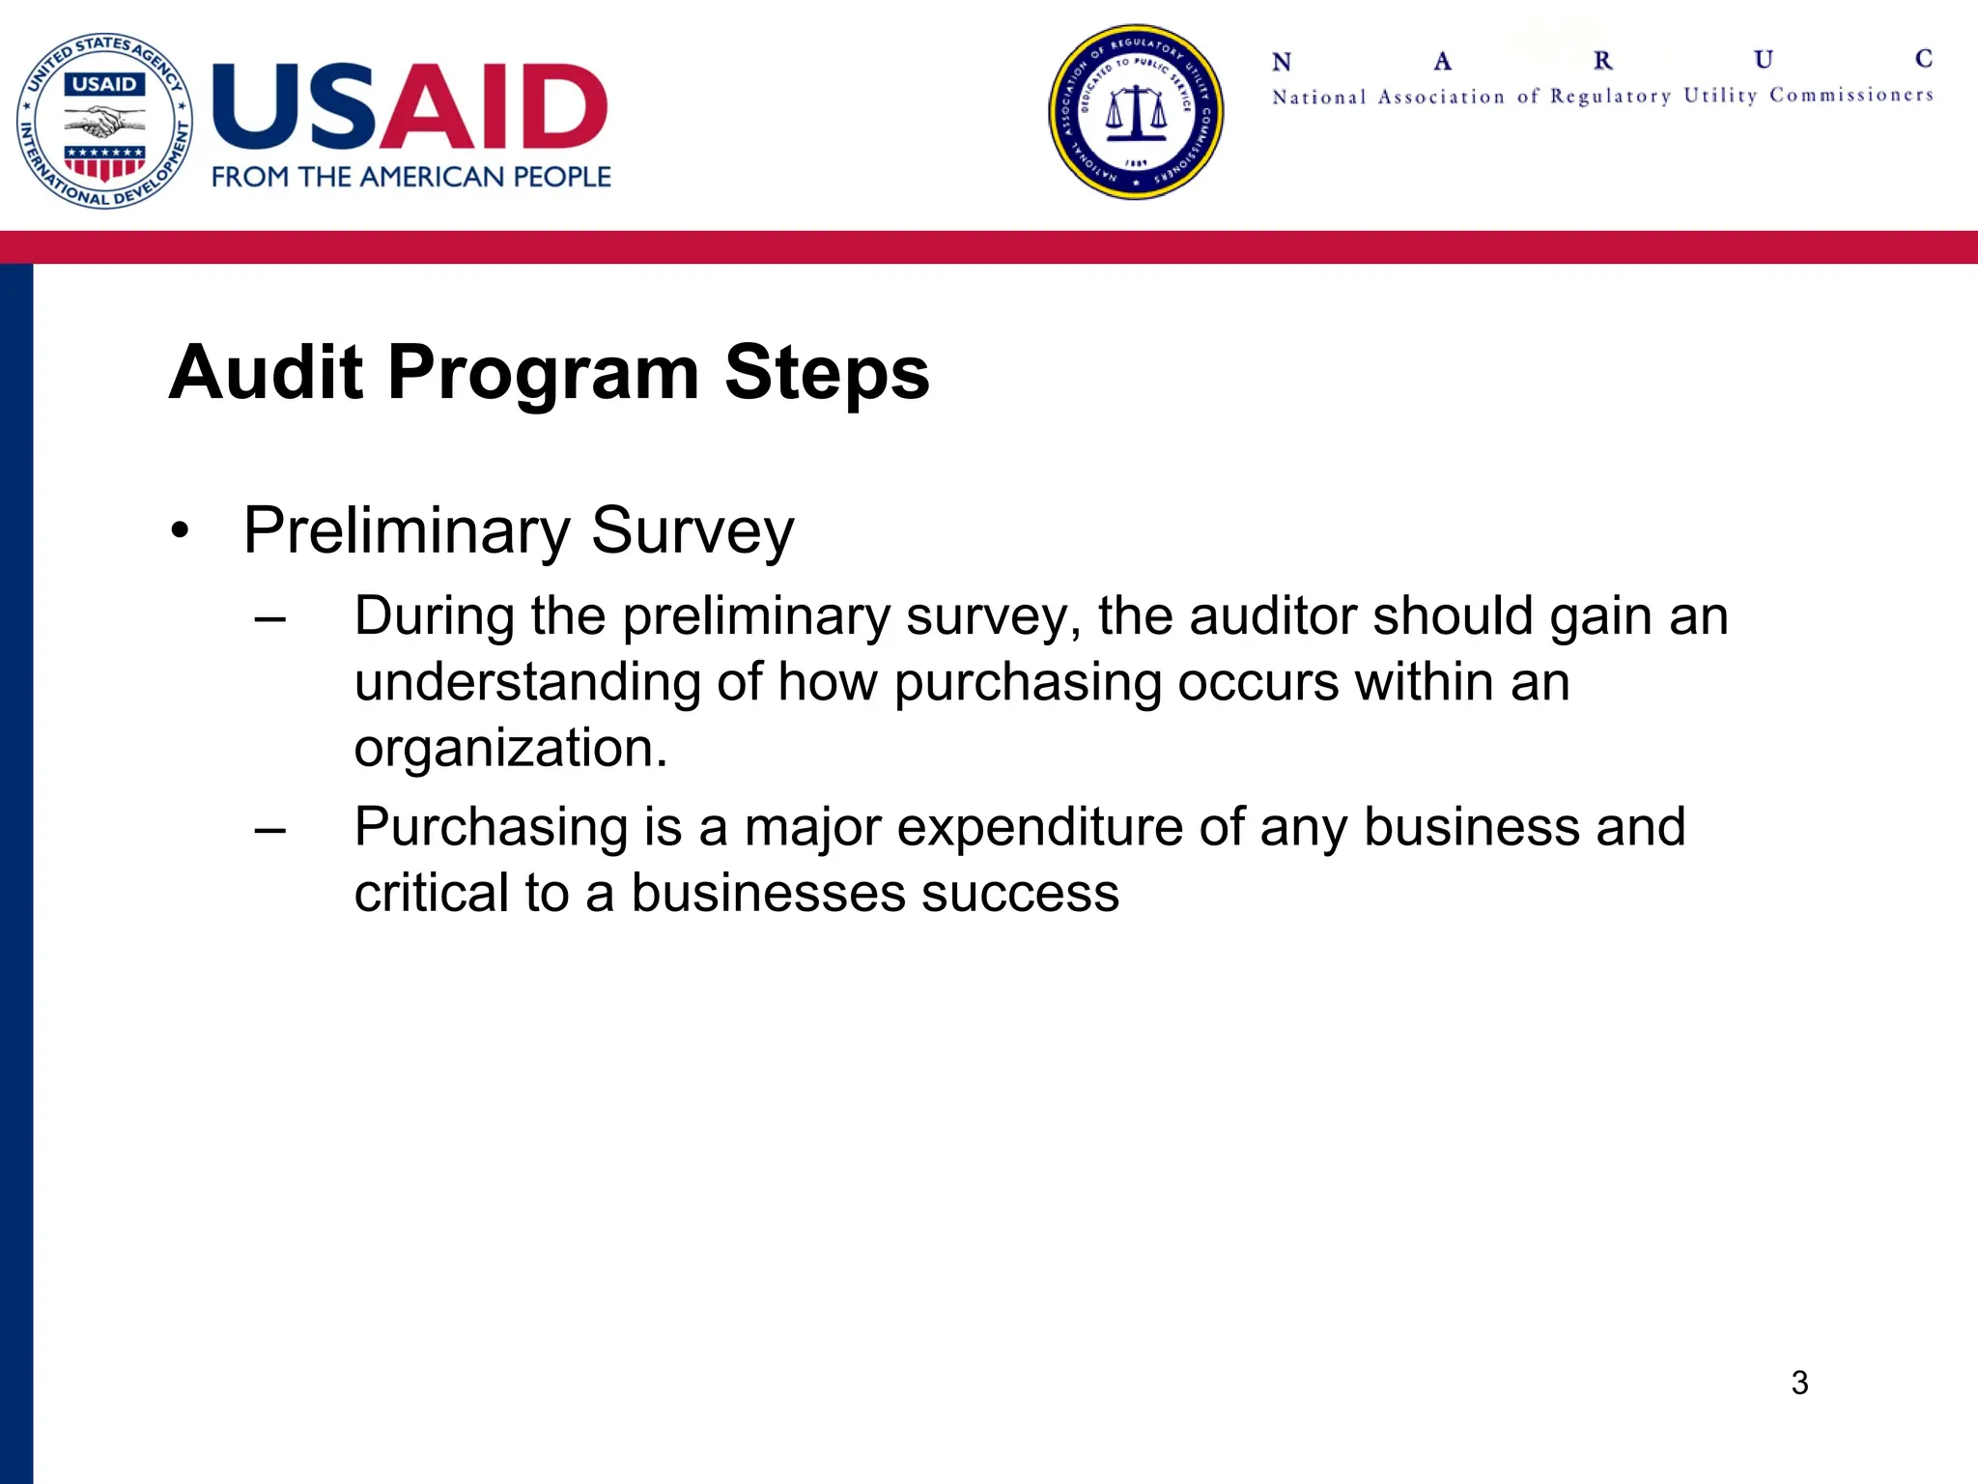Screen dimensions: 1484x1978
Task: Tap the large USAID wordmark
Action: point(410,107)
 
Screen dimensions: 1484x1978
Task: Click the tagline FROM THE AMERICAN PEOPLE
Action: point(411,177)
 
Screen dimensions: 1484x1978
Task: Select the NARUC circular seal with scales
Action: point(1136,112)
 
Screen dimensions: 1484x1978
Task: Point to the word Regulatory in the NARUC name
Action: point(1610,96)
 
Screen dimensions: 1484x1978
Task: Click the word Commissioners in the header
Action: point(1851,95)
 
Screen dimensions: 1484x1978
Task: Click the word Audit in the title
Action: point(266,372)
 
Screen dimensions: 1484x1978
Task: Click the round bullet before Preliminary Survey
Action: point(179,532)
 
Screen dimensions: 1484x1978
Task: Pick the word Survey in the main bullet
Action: point(692,531)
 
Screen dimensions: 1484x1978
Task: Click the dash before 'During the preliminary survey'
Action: point(270,618)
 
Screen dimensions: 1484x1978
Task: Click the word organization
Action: point(510,748)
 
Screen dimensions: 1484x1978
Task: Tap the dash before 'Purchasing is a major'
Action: point(270,829)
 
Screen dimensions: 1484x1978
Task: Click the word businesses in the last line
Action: point(768,893)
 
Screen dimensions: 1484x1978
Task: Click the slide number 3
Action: point(1799,1383)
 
